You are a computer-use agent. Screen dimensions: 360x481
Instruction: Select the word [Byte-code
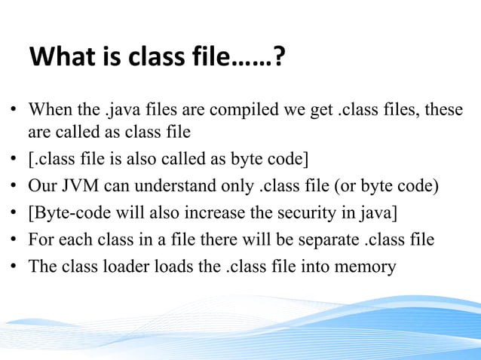click(63, 213)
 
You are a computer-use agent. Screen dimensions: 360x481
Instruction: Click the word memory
click(368, 267)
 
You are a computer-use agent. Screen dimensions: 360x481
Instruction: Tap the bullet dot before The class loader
click(14, 267)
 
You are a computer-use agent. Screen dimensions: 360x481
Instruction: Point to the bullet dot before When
click(14, 111)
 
